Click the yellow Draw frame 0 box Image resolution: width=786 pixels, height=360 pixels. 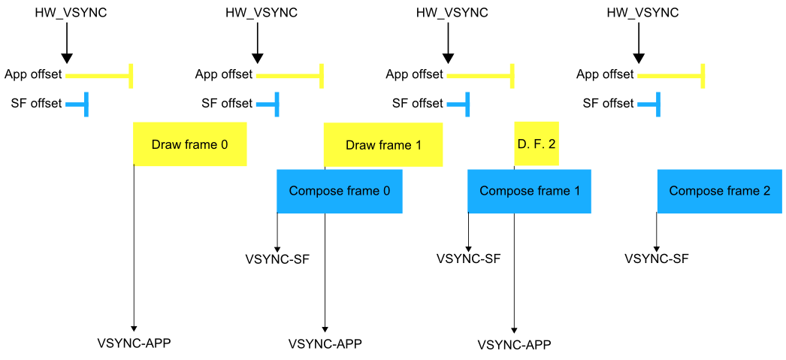189,144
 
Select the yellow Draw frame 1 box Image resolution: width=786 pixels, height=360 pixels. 383,144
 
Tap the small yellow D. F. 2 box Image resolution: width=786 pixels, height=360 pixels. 537,144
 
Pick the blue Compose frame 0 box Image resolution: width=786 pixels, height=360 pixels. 339,191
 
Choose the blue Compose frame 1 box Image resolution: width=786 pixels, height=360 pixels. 529,191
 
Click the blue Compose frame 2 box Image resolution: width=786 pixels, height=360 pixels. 719,191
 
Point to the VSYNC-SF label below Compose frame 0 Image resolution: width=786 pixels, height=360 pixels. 277,259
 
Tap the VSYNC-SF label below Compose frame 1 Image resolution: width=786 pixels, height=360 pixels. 468,259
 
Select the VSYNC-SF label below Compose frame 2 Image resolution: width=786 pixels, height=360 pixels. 657,259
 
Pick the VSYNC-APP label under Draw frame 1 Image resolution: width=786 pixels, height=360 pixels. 325,344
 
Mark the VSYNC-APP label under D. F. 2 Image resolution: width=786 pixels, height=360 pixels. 514,345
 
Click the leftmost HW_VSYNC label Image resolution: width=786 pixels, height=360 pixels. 66,13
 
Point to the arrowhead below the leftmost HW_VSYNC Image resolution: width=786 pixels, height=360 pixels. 66,57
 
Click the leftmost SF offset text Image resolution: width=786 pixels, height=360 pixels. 36,104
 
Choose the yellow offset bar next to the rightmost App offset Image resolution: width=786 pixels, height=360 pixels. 670,75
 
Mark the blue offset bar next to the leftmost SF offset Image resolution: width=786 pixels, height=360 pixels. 77,104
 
